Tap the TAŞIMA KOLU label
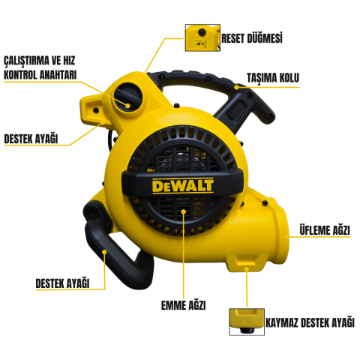(272, 77)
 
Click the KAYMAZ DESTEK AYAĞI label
(310, 322)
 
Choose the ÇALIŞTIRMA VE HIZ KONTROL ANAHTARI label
(40, 67)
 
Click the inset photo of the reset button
(201, 37)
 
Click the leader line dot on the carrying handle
(238, 87)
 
